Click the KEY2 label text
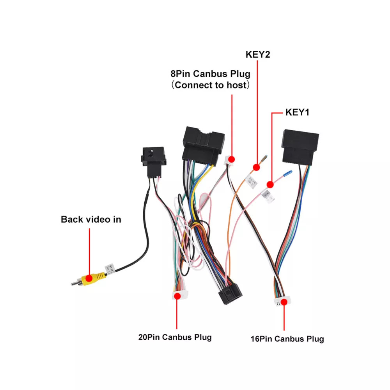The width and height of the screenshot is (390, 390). pyautogui.click(x=258, y=54)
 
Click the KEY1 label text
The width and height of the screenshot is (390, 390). pyautogui.click(x=297, y=113)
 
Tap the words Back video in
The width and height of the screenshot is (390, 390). pyautogui.click(x=91, y=220)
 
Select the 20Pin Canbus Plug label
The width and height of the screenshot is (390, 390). pyautogui.click(x=175, y=337)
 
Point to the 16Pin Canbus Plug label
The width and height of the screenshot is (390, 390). pyautogui.click(x=287, y=339)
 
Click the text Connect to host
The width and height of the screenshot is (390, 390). pyautogui.click(x=211, y=85)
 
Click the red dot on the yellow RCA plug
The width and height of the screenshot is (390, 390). pyautogui.click(x=89, y=278)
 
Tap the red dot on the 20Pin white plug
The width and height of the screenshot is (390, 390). pyautogui.click(x=177, y=296)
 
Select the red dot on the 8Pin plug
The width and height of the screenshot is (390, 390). pyautogui.click(x=231, y=159)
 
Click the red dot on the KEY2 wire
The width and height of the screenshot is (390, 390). pyautogui.click(x=256, y=167)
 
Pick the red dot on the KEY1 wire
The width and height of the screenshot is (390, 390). pyautogui.click(x=270, y=184)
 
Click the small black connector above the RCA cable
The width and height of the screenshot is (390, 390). pyautogui.click(x=153, y=160)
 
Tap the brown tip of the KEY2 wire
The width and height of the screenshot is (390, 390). pyautogui.click(x=264, y=159)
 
